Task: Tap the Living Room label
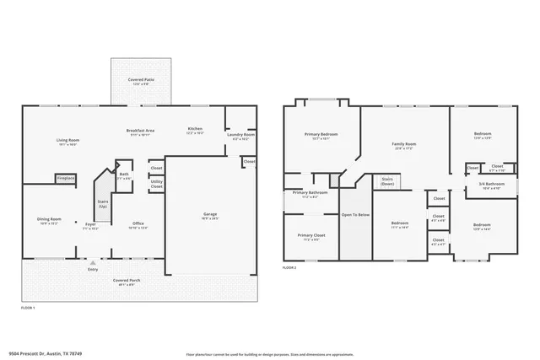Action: click(x=67, y=141)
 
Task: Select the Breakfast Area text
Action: click(x=139, y=131)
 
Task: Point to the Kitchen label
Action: click(x=195, y=129)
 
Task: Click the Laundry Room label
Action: click(x=241, y=135)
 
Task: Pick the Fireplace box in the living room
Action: click(x=66, y=179)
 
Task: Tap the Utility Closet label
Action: click(x=157, y=184)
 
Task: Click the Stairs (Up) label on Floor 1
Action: click(x=103, y=204)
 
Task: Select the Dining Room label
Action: click(x=49, y=219)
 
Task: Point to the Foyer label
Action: click(x=90, y=224)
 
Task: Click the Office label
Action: click(x=138, y=224)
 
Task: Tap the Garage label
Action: click(x=209, y=214)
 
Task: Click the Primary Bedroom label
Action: click(x=321, y=135)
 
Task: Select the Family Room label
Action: click(x=404, y=144)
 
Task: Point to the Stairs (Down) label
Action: click(x=388, y=180)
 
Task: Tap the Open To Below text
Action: click(x=354, y=215)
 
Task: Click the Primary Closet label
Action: click(x=310, y=235)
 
